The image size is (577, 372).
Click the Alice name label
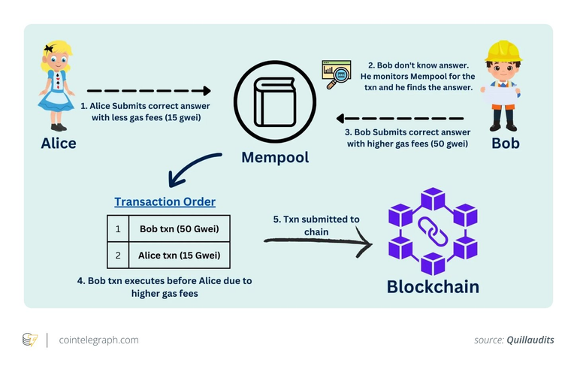pos(59,143)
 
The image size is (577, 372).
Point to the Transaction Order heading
pos(165,201)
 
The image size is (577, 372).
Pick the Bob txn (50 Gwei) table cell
pos(184,228)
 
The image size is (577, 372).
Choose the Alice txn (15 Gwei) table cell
pos(184,255)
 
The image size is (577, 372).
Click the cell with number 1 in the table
pos(118,228)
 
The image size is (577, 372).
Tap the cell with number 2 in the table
pos(118,255)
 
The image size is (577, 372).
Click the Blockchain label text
pos(432,286)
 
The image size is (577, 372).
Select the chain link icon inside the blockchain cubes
pos(433,231)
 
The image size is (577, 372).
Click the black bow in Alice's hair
pos(50,49)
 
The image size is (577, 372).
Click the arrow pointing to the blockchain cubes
pos(319,241)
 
